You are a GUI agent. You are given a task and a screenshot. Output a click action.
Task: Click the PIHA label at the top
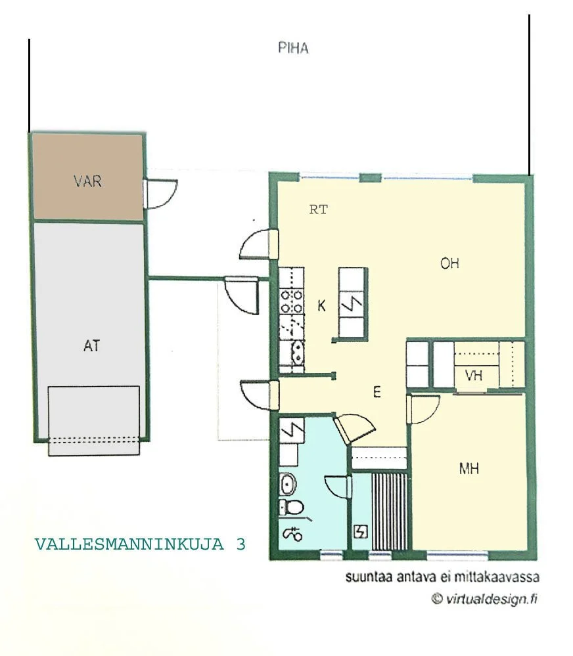(293, 48)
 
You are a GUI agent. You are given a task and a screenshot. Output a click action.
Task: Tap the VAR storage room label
(87, 181)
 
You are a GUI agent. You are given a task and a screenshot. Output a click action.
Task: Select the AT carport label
(91, 345)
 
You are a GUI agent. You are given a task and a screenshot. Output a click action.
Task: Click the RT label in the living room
(318, 210)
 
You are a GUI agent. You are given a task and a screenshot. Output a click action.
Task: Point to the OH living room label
(449, 263)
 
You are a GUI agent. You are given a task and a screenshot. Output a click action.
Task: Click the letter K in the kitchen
(321, 306)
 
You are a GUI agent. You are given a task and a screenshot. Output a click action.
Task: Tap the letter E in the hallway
(377, 392)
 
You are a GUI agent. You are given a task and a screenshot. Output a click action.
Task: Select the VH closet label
(474, 376)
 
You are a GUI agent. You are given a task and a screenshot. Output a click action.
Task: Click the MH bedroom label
(469, 469)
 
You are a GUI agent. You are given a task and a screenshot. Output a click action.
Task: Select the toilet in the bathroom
(290, 508)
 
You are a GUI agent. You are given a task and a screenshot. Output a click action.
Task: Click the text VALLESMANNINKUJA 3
(140, 544)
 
